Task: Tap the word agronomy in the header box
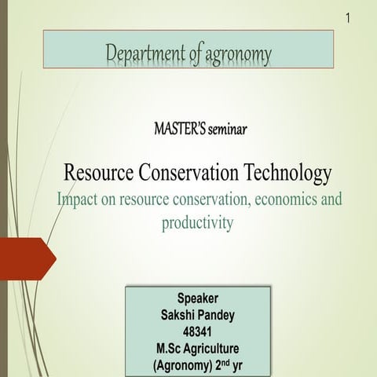click(x=232, y=55)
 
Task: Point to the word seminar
click(x=227, y=129)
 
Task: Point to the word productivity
click(x=198, y=223)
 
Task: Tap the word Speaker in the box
click(x=198, y=298)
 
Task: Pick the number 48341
click(x=198, y=331)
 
